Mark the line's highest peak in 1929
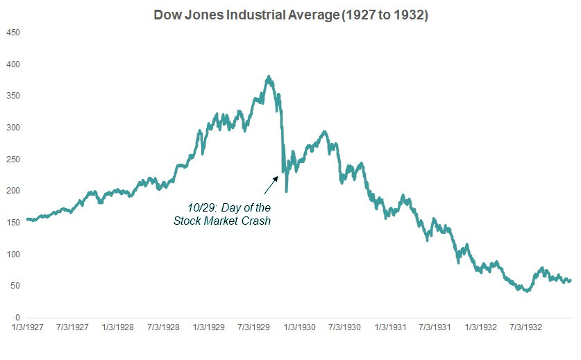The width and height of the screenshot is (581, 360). click(269, 77)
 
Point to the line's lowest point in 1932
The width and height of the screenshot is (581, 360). click(527, 291)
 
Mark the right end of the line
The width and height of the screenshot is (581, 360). click(570, 280)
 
